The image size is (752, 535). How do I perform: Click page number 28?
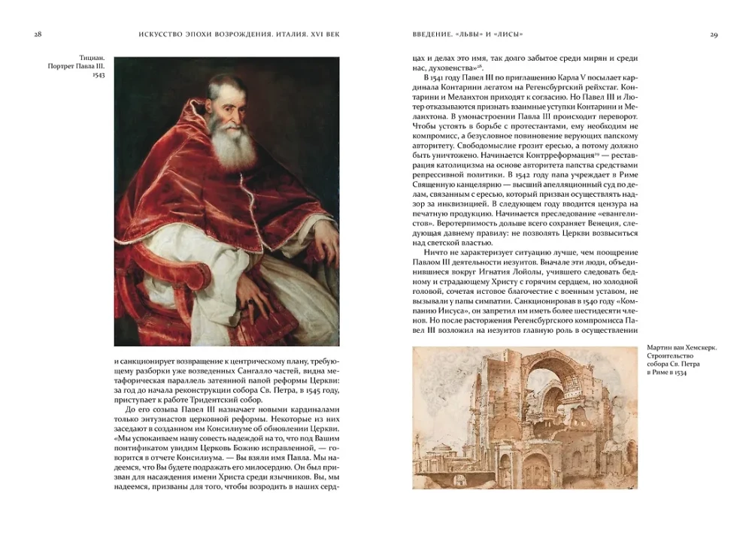[38, 34]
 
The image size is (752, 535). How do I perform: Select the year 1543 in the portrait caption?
[97, 75]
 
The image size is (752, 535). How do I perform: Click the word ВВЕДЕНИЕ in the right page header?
[434, 34]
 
